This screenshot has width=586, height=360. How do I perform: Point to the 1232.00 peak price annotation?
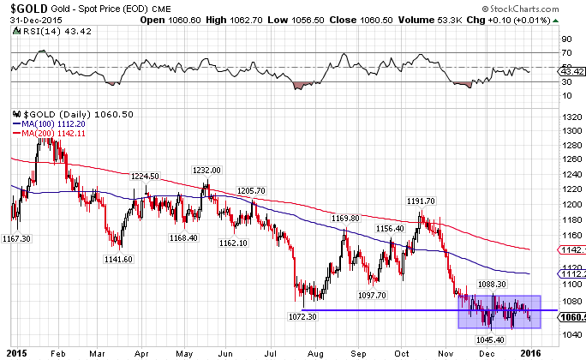point(206,170)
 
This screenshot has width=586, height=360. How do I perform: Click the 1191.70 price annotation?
point(422,201)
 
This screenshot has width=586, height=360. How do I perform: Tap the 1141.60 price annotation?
point(119,258)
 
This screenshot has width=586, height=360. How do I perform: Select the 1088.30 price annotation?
point(492,283)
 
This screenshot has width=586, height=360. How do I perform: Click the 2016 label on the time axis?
point(532,351)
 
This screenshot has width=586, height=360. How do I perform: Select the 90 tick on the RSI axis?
point(566,39)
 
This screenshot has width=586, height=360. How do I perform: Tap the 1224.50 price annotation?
point(145,176)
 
